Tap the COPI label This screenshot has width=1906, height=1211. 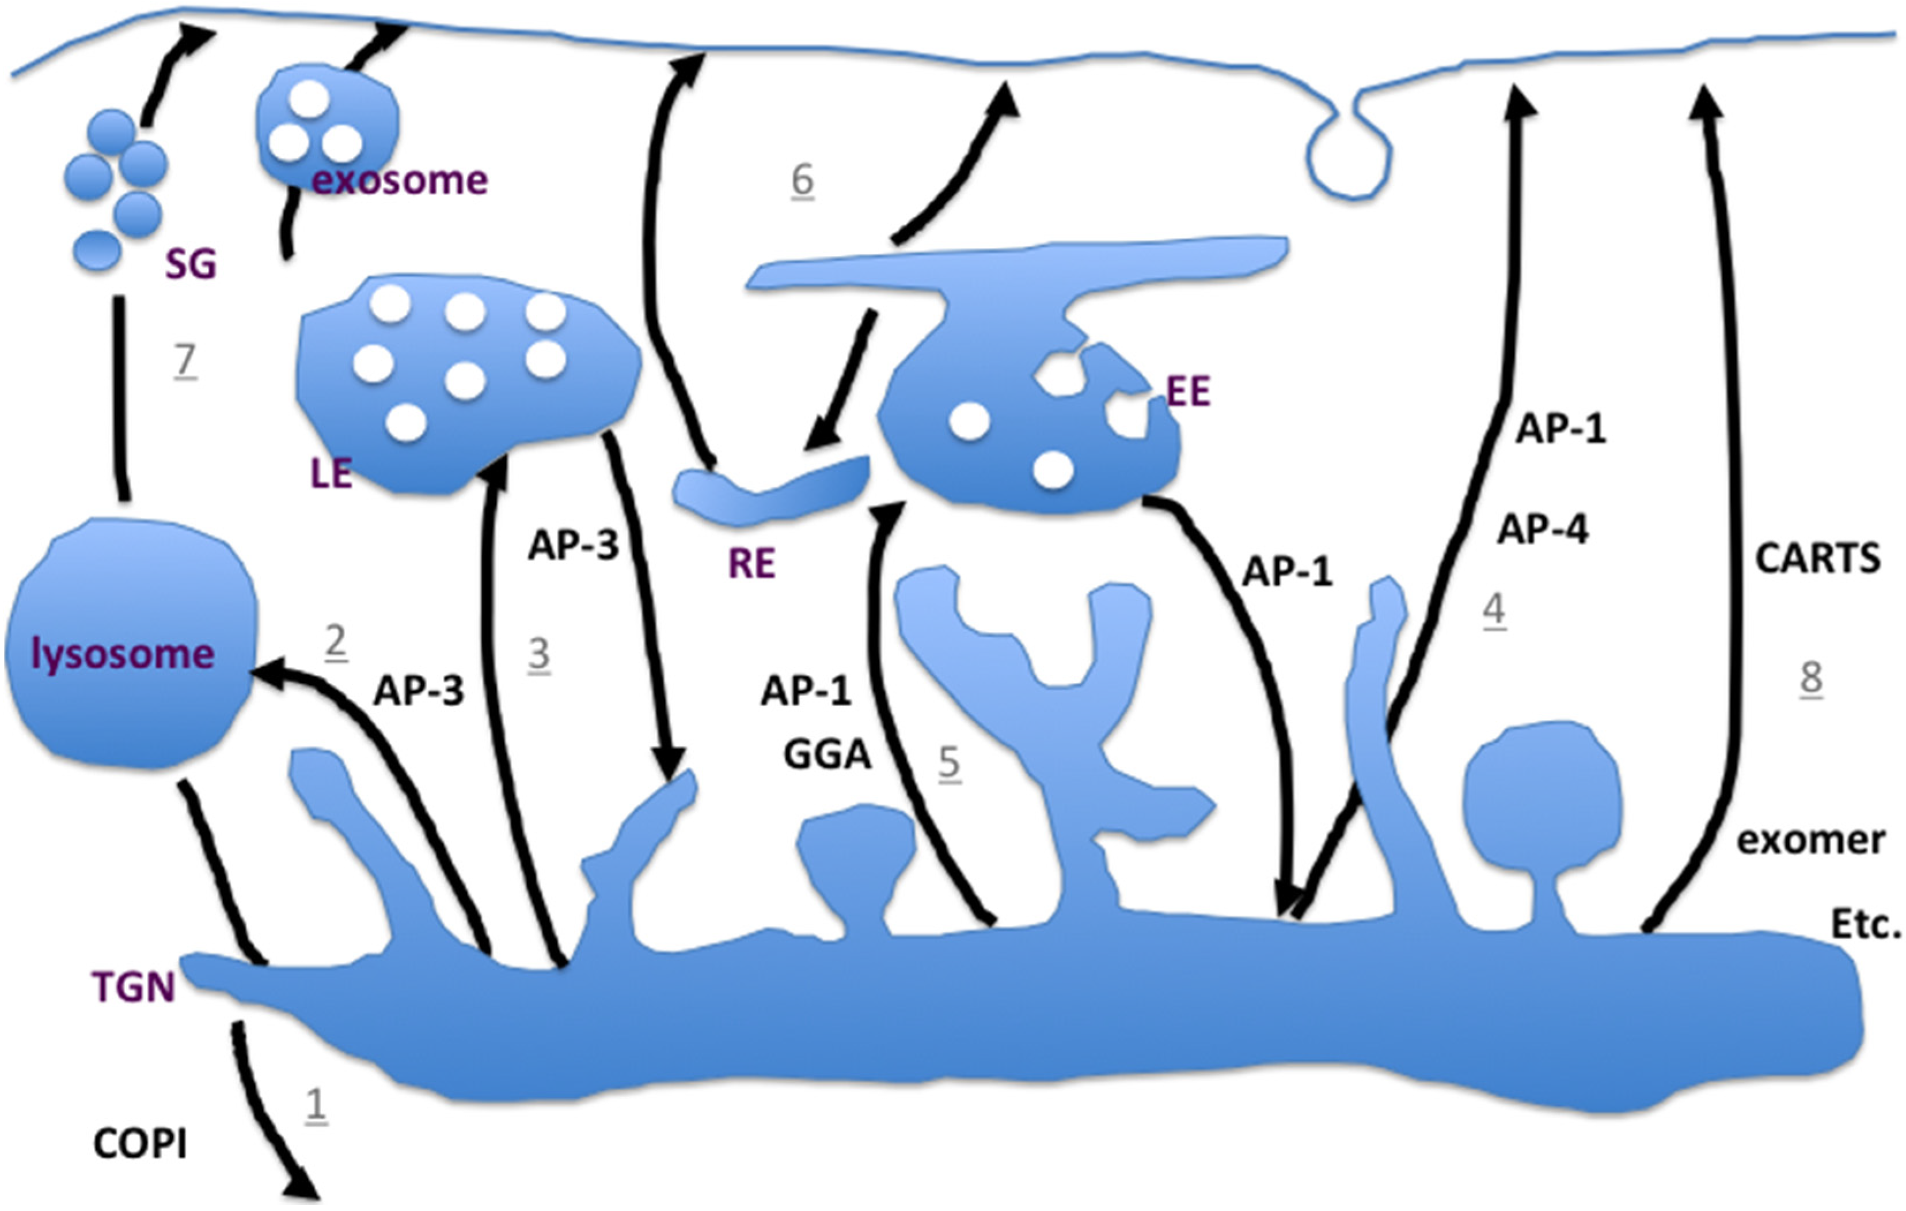click(x=140, y=1144)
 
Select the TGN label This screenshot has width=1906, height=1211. click(x=133, y=988)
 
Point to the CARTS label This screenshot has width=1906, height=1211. click(x=1817, y=559)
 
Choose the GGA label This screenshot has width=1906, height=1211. click(x=827, y=754)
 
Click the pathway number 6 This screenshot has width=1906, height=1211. click(x=802, y=180)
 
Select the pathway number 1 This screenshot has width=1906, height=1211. click(x=316, y=1105)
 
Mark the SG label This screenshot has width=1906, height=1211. click(x=191, y=264)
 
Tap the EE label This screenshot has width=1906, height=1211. click(x=1188, y=392)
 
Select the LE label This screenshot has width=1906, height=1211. click(x=331, y=473)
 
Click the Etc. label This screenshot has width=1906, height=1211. click(x=1866, y=924)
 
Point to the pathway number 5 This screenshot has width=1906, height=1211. click(x=949, y=764)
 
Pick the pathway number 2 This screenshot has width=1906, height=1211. click(x=336, y=643)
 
